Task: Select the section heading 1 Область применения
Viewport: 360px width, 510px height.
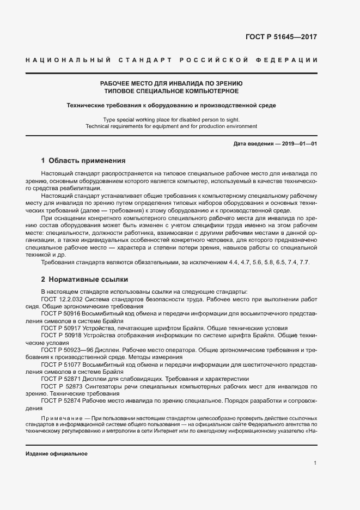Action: (83, 161)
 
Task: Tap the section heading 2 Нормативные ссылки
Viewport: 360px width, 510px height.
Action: (84, 279)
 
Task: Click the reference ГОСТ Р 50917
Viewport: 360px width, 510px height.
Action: (60, 329)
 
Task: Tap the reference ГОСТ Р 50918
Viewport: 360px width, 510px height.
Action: (60, 336)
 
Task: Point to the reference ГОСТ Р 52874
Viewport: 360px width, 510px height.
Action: (60, 402)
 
